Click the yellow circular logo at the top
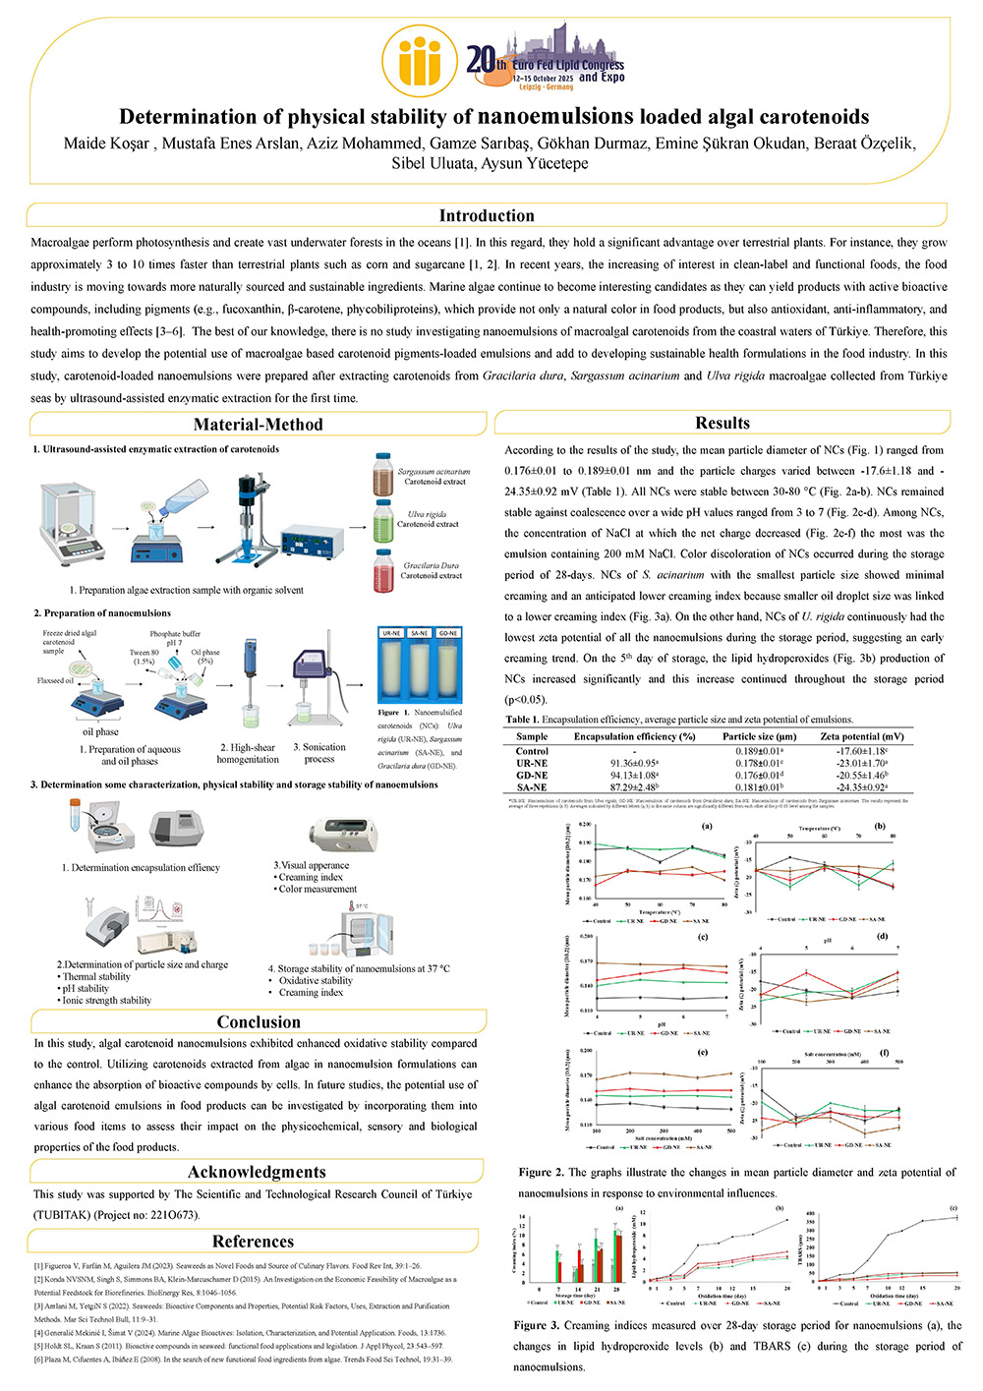[420, 61]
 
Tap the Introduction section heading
[487, 215]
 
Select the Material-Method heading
[258, 425]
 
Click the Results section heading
[722, 423]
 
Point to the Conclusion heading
[259, 1022]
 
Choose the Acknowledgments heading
[257, 1172]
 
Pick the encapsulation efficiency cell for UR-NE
[633, 763]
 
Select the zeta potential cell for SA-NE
[861, 787]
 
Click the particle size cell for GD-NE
[759, 776]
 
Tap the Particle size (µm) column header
[759, 736]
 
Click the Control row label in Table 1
[532, 751]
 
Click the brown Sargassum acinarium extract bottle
[383, 476]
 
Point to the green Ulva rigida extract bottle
[383, 520]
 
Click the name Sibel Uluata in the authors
[433, 163]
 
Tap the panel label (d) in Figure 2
[882, 938]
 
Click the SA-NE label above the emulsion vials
[420, 633]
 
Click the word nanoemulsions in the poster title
[555, 116]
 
